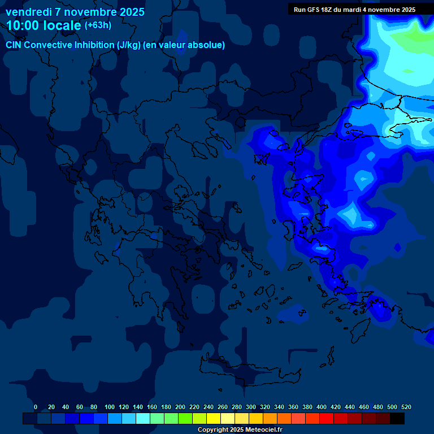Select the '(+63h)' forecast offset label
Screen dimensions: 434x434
click(x=98, y=25)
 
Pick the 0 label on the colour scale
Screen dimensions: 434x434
click(x=36, y=407)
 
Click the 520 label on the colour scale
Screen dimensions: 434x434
click(x=405, y=407)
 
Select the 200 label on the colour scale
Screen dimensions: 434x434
click(x=180, y=407)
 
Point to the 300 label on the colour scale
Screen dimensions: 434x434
click(x=250, y=407)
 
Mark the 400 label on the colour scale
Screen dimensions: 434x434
click(x=321, y=407)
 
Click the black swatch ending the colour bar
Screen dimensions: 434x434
click(x=397, y=418)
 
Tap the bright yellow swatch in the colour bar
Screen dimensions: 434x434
click(x=214, y=418)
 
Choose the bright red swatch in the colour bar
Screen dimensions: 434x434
click(x=326, y=418)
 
